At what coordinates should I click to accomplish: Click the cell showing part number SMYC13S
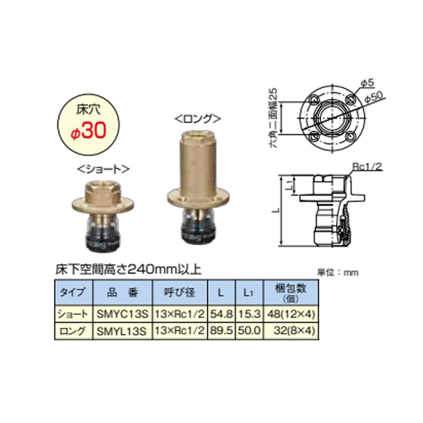pyautogui.click(x=122, y=314)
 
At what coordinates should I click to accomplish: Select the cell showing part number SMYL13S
pyautogui.click(x=122, y=332)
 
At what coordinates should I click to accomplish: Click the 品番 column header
pyautogui.click(x=122, y=292)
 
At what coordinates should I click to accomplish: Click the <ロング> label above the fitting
pyautogui.click(x=197, y=118)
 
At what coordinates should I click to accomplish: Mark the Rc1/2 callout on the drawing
pyautogui.click(x=365, y=167)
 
